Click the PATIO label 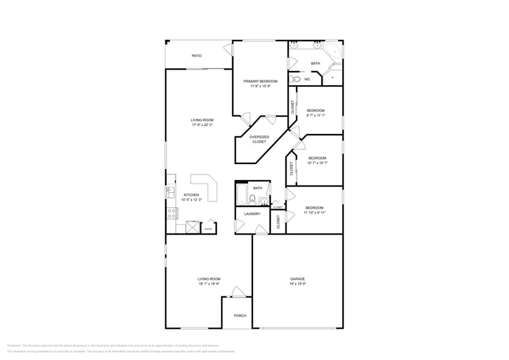[x=197, y=56]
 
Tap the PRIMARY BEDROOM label [x=260, y=81]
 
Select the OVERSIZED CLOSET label [x=259, y=140]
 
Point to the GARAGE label [x=297, y=279]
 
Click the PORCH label [x=240, y=316]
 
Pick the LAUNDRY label [x=252, y=214]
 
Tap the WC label [x=307, y=79]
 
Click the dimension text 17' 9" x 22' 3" [x=202, y=125]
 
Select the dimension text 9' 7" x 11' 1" [x=315, y=115]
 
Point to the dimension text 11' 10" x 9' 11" [x=314, y=212]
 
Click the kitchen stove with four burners [x=172, y=213]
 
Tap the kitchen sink [x=170, y=192]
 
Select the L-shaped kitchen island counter [x=206, y=186]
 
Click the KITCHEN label [x=191, y=195]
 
